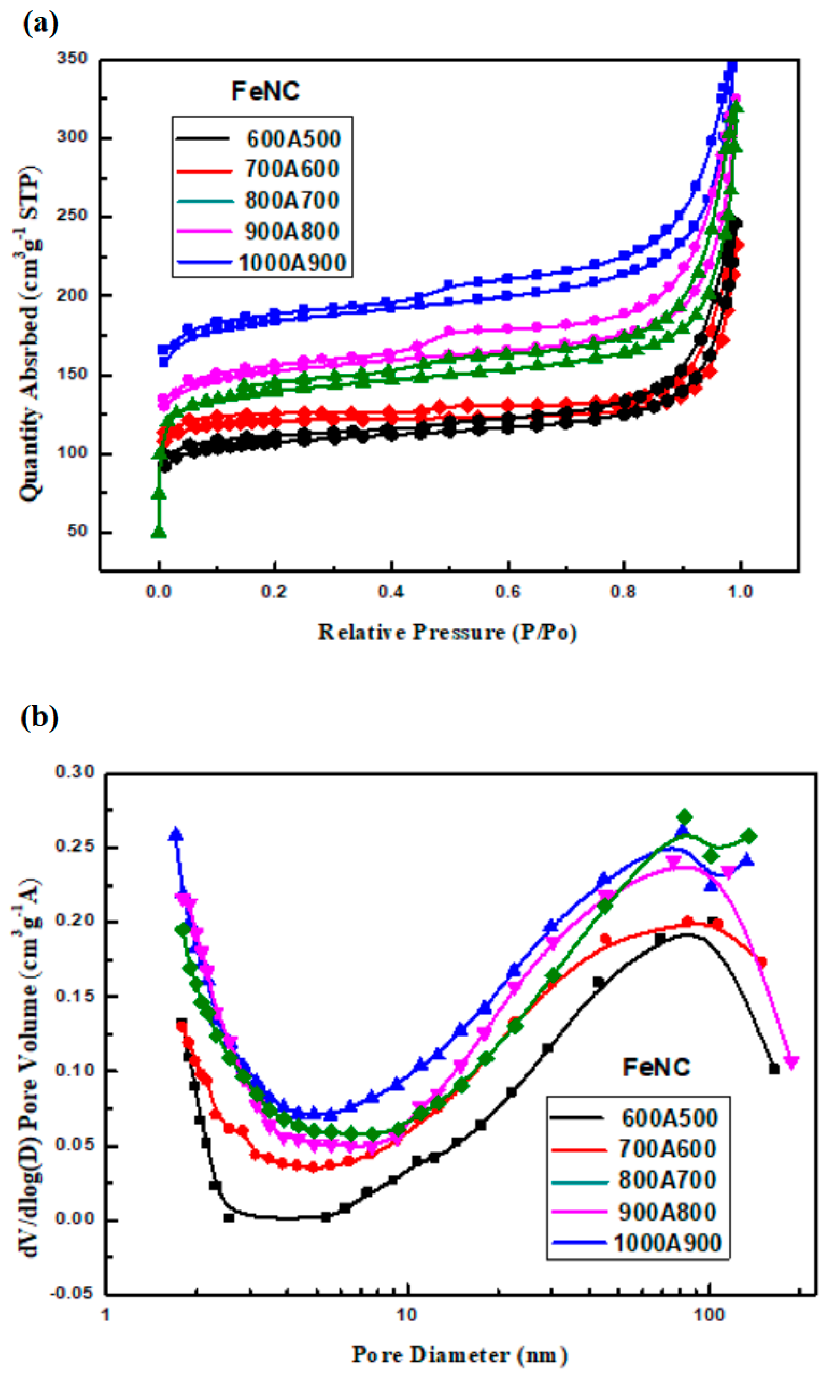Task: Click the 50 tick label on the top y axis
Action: [x=77, y=532]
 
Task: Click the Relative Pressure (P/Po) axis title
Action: [x=447, y=632]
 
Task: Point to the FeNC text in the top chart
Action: [x=266, y=91]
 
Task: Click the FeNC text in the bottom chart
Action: [x=656, y=1068]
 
